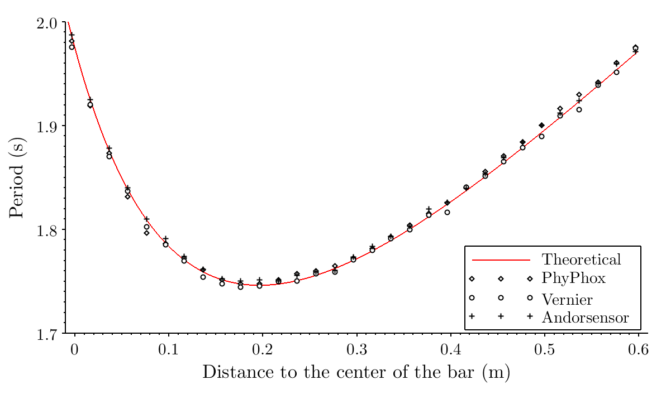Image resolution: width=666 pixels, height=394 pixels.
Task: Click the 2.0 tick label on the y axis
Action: [47, 23]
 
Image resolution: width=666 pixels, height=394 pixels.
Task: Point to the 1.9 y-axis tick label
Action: [47, 127]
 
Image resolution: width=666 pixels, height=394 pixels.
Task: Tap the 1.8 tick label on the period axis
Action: [47, 230]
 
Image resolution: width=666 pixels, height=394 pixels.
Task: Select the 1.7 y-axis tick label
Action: [47, 334]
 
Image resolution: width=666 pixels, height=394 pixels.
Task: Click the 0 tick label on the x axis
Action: [74, 350]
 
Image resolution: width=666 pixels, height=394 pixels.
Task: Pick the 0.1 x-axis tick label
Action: [168, 350]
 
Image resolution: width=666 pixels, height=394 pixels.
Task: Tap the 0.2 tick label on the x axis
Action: [262, 350]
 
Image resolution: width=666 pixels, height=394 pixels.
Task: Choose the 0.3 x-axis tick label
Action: [356, 350]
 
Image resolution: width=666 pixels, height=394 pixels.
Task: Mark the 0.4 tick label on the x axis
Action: [450, 350]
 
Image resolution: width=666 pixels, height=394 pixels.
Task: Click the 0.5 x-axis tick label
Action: [545, 350]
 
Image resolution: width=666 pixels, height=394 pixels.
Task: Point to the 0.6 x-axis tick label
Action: [639, 350]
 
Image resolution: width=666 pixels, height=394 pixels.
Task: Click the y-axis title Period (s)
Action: [17, 177]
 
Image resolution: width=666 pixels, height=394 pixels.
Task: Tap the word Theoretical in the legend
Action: [581, 260]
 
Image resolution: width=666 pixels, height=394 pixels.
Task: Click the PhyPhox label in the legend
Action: [573, 278]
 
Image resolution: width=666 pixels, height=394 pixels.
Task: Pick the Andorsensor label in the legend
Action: [585, 318]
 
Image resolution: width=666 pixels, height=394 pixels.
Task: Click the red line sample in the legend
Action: [501, 260]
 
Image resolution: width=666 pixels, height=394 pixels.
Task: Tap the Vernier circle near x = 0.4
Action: [447, 212]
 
